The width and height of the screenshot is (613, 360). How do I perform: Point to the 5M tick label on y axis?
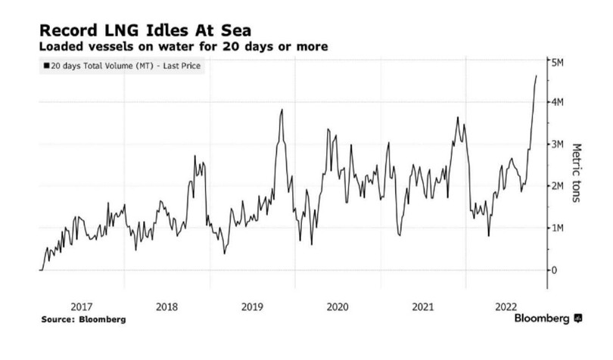[x=559, y=61]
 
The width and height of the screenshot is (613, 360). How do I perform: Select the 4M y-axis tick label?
[x=559, y=102]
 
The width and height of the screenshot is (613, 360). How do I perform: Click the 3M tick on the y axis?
[x=559, y=144]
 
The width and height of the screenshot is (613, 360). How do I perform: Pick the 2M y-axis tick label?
[x=559, y=186]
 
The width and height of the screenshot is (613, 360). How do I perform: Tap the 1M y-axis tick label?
[x=559, y=228]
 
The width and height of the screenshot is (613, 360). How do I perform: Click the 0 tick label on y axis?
[x=555, y=270]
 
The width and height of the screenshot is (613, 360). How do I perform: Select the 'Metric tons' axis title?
[x=577, y=169]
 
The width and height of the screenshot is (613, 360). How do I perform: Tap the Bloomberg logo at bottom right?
[x=547, y=319]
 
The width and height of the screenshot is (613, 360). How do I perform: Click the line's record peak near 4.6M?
[x=536, y=76]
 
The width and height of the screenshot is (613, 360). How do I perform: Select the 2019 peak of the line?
[x=282, y=110]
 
